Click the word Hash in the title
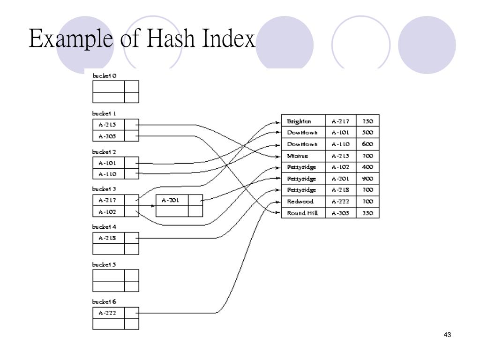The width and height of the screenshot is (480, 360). click(172, 38)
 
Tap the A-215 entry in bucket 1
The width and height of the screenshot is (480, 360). click(107, 125)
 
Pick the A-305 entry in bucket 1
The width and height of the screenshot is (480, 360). click(107, 136)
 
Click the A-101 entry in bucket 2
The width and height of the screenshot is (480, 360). click(107, 163)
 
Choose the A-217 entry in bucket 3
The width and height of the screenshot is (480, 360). click(107, 200)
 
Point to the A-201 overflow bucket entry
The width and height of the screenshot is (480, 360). click(170, 200)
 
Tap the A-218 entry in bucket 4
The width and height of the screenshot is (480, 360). click(107, 238)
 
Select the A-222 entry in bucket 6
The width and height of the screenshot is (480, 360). click(107, 313)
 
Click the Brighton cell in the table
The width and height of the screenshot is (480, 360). click(299, 121)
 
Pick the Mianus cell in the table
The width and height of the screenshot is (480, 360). click(297, 156)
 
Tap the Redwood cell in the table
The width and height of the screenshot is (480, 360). click(300, 202)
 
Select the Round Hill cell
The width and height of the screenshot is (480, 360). click(302, 213)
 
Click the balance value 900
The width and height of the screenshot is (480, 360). click(367, 179)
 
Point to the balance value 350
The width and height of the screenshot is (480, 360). click(367, 213)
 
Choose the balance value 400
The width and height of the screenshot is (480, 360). click(367, 167)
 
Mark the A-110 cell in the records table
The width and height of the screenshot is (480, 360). click(340, 144)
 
